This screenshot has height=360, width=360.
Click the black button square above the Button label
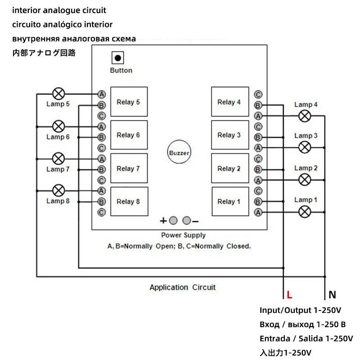pyautogui.click(x=118, y=58)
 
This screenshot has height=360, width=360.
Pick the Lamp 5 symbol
pyautogui.click(x=58, y=94)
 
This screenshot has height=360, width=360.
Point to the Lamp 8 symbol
pyautogui.click(x=58, y=190)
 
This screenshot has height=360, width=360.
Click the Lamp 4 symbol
pyautogui.click(x=305, y=116)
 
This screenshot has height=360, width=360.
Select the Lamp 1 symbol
pyautogui.click(x=305, y=211)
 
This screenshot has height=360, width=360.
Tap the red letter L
pyautogui.click(x=289, y=295)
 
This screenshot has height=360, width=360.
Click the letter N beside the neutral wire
pyautogui.click(x=332, y=295)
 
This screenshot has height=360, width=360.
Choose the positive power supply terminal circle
pyautogui.click(x=173, y=220)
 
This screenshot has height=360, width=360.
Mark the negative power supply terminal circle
pyautogui.click(x=187, y=220)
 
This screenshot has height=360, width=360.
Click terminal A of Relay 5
pyautogui.click(x=102, y=94)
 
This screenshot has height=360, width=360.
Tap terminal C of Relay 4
pyautogui.click(x=258, y=94)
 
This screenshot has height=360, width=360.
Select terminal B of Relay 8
pyautogui.click(x=102, y=202)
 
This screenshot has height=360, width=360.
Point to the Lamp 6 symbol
pyautogui.click(x=58, y=126)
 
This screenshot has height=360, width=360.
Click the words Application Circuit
pyautogui.click(x=183, y=287)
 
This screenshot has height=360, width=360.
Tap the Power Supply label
pyautogui.click(x=183, y=235)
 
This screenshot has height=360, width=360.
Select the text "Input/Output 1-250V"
pyautogui.click(x=300, y=310)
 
